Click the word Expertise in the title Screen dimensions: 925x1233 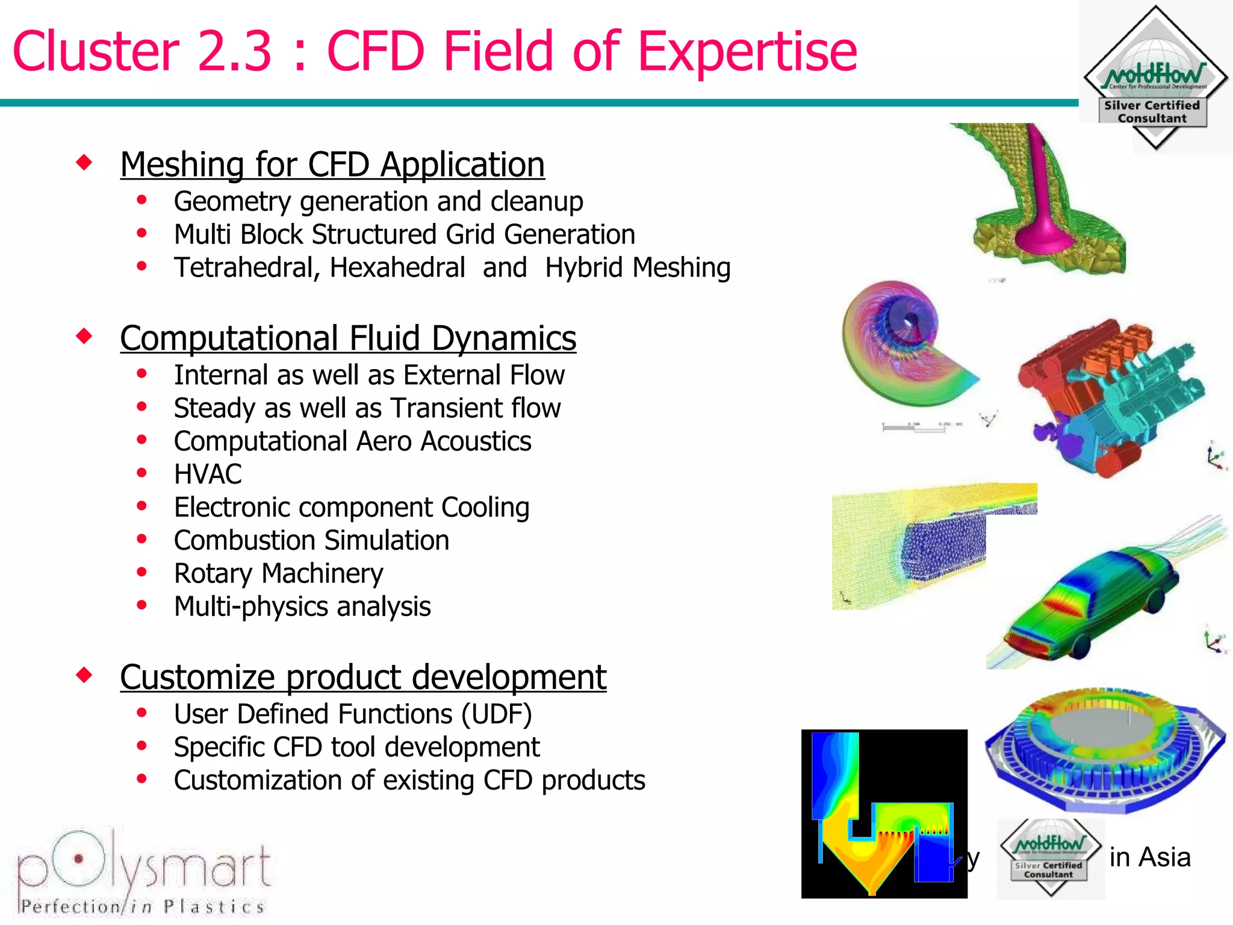(747, 53)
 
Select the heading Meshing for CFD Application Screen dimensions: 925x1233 (332, 164)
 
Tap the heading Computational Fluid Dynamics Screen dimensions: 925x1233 (348, 338)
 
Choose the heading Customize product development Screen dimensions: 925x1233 (363, 677)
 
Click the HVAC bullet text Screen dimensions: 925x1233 (208, 475)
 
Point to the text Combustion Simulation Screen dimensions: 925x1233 (311, 541)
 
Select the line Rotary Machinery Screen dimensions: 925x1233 (278, 574)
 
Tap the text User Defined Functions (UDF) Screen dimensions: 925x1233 (353, 715)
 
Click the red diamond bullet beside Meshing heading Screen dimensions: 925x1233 (84, 162)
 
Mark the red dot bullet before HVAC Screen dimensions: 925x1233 (142, 473)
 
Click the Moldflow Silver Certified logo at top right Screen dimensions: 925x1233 (1155, 78)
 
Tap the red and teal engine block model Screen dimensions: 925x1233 (1108, 397)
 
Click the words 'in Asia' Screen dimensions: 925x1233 (1150, 858)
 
